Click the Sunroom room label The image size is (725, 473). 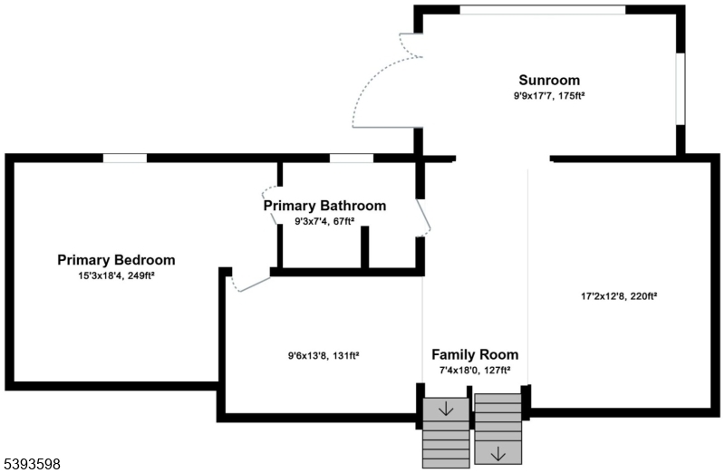click(x=548, y=80)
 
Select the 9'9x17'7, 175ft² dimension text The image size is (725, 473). click(x=548, y=95)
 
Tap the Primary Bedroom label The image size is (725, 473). click(x=116, y=260)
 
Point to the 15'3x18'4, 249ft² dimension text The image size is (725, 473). click(x=116, y=275)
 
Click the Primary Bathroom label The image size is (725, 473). click(x=324, y=206)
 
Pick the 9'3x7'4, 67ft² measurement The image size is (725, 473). click(x=324, y=221)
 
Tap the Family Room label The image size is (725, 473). click(x=474, y=354)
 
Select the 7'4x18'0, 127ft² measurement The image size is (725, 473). click(x=474, y=370)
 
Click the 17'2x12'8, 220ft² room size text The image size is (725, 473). click(x=619, y=295)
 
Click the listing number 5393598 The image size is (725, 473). click(x=32, y=463)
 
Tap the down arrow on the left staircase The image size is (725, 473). click(x=446, y=410)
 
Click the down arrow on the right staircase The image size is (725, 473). click(x=498, y=452)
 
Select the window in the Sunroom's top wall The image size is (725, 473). click(x=541, y=10)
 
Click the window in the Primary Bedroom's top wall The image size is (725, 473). click(x=124, y=158)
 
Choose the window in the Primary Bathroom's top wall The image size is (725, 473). click(x=351, y=158)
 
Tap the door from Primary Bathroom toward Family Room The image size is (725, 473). click(x=424, y=217)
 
